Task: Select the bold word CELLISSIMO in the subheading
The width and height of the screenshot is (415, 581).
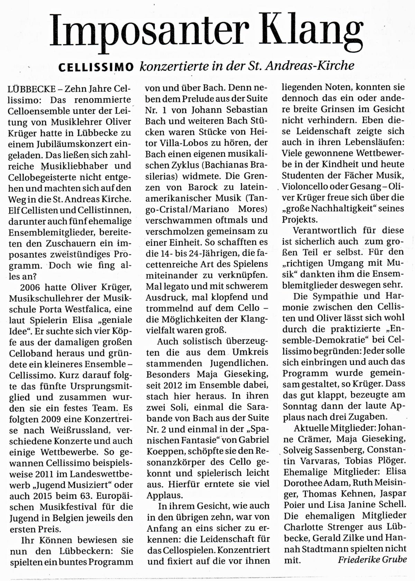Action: point(96,67)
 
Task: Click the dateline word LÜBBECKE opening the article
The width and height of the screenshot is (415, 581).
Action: point(30,89)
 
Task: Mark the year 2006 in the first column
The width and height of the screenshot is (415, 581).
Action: point(30,287)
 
